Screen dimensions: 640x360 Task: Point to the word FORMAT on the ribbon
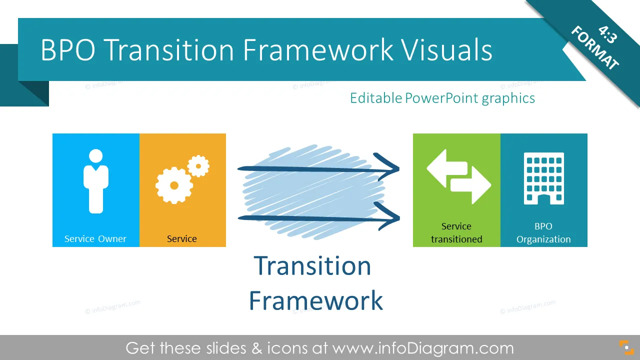(x=595, y=47)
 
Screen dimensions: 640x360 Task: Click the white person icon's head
(x=95, y=156)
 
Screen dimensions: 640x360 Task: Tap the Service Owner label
(x=95, y=238)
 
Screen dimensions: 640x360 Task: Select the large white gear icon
(x=174, y=185)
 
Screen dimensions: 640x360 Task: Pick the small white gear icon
(x=198, y=166)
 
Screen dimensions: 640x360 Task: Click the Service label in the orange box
(x=181, y=238)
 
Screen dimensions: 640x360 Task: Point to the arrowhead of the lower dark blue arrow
(x=389, y=216)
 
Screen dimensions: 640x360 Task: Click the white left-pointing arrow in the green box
(x=447, y=168)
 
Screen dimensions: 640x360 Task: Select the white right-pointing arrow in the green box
(x=471, y=185)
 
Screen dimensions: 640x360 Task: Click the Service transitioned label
(x=456, y=232)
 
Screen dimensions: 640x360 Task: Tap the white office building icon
(x=543, y=178)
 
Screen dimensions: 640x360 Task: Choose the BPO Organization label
(x=543, y=232)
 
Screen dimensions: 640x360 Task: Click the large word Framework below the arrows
(x=315, y=300)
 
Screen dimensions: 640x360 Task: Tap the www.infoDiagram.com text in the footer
(x=423, y=348)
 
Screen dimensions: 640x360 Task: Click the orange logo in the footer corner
(x=626, y=347)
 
